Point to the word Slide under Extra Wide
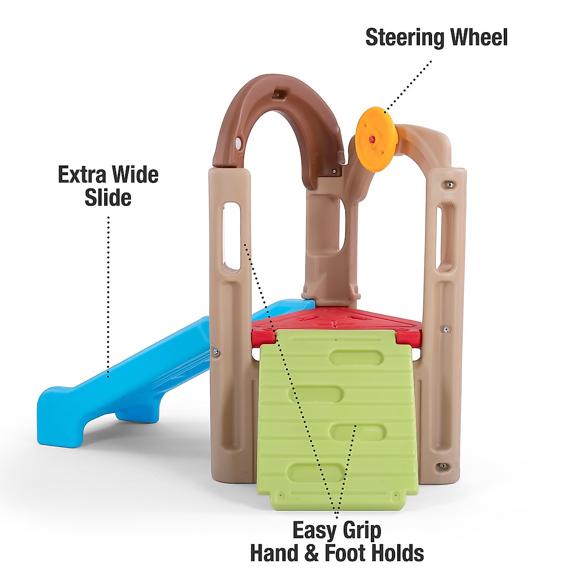tap(108, 198)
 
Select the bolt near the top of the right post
tap(449, 185)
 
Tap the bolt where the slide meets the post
tap(216, 351)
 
